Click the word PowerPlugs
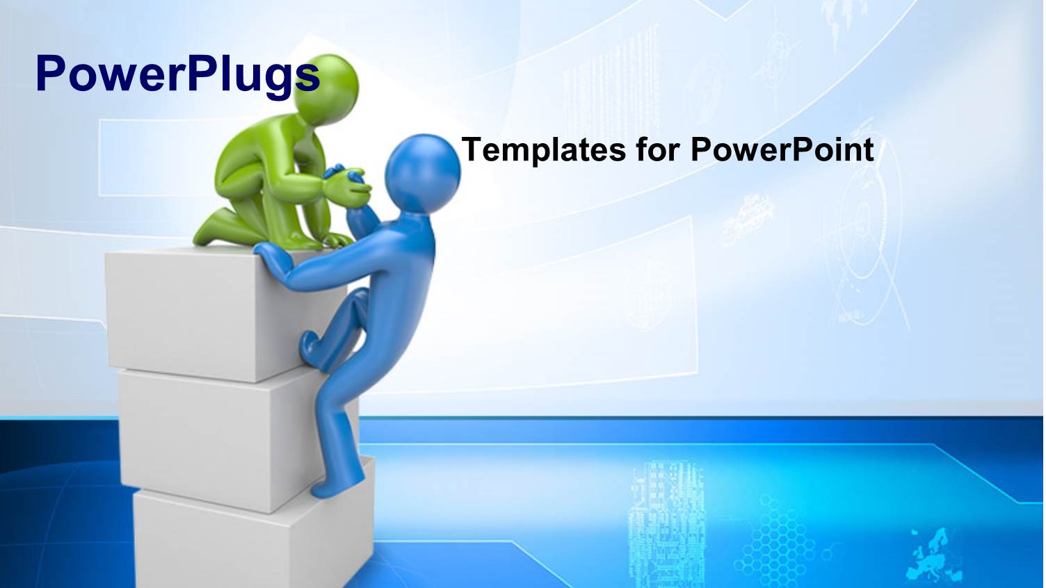[177, 74]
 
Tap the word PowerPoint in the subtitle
[782, 150]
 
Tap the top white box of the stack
[188, 313]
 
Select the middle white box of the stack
[209, 438]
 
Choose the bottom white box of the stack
[230, 542]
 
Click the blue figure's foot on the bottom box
[334, 487]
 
